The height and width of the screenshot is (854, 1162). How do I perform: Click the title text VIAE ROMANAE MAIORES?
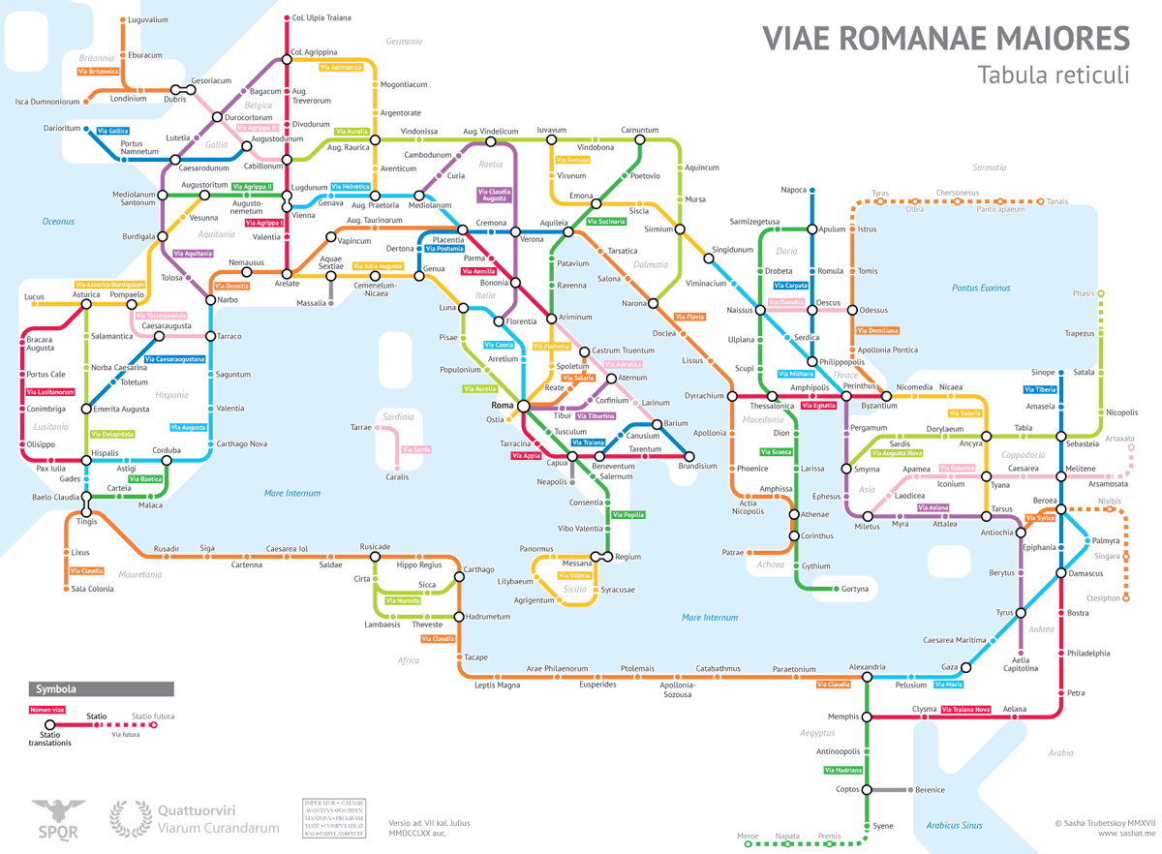point(945,38)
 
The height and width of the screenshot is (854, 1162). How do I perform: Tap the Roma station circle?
point(523,405)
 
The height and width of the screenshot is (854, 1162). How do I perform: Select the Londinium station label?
point(129,99)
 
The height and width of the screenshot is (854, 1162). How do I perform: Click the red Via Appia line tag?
point(526,455)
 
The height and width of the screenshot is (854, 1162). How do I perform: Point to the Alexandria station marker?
point(867,679)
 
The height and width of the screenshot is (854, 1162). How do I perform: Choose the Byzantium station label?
point(866,406)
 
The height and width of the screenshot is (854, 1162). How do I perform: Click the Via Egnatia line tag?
point(817,406)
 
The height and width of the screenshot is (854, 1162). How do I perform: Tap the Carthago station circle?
point(459,579)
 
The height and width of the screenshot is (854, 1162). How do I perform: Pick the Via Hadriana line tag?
point(842,771)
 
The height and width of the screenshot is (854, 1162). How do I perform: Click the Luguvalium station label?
point(147,19)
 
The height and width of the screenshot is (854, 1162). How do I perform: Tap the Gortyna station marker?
point(834,589)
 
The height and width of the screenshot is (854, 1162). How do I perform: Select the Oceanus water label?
point(58,222)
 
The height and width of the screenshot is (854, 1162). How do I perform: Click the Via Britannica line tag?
point(98,72)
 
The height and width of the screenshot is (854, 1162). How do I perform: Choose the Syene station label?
point(882,826)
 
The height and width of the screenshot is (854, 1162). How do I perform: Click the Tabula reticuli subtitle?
point(1053,75)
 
